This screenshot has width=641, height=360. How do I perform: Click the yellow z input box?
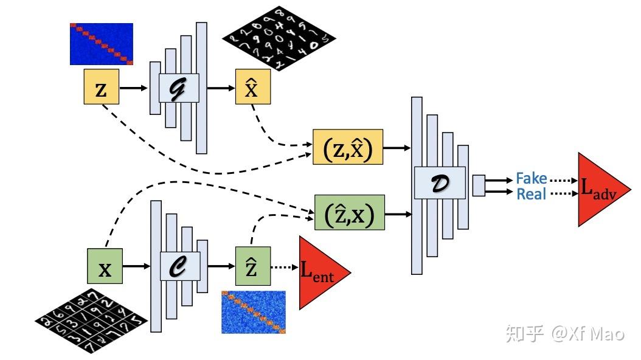pos(101,88)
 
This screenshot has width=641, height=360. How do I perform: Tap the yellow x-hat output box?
pos(252,88)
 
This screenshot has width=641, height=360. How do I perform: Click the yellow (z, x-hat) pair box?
pos(347,147)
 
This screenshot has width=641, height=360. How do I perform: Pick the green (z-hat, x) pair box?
pos(349,212)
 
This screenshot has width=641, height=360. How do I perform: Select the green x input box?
pos(105,266)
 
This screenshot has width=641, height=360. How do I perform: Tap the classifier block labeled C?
pos(180,266)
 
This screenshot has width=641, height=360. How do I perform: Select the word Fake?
pos(531,179)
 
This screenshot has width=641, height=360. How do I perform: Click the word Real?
pos(531,194)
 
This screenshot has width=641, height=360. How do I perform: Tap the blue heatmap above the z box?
pos(101,44)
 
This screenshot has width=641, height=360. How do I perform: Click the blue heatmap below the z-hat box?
pos(253,311)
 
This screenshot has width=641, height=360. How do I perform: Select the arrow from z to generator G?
pos(134,88)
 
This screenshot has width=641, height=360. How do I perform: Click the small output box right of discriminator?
pos(479,185)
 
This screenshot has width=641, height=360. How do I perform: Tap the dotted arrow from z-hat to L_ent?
pos(284,266)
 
